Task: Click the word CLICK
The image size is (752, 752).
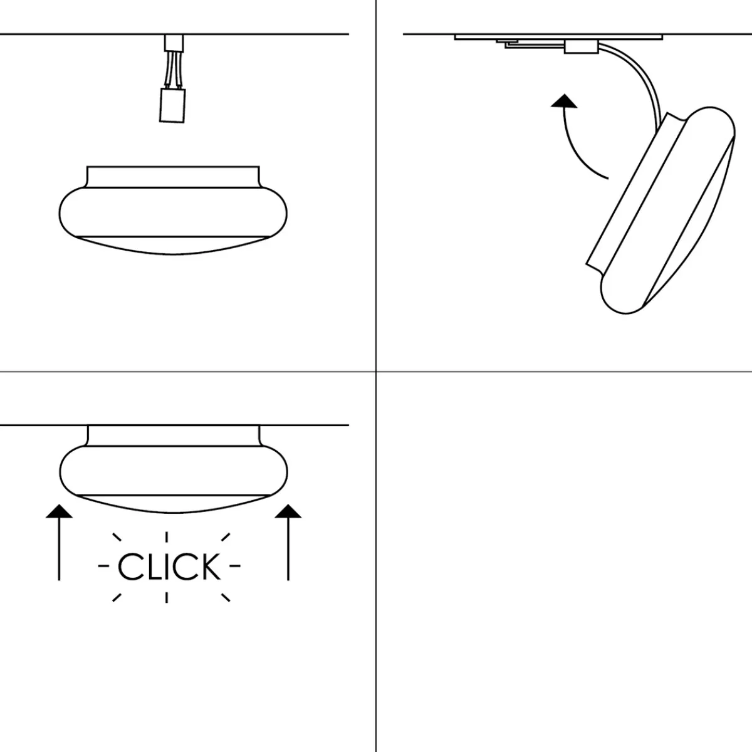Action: [x=169, y=567]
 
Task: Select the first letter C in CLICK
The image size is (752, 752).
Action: [x=130, y=567]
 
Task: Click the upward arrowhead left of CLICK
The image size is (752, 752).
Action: [x=59, y=511]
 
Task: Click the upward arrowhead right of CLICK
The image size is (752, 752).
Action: [x=288, y=511]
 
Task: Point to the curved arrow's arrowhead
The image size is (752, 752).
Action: [x=564, y=101]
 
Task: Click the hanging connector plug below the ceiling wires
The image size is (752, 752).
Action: [x=172, y=105]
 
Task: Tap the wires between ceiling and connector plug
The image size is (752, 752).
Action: [x=174, y=68]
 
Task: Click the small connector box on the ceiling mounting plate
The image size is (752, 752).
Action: [x=582, y=47]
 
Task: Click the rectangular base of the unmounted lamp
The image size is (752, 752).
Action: [x=173, y=177]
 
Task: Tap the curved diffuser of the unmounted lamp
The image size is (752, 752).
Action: [x=173, y=246]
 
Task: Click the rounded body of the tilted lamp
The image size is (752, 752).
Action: [x=668, y=210]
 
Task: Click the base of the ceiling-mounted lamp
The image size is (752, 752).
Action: [x=174, y=436]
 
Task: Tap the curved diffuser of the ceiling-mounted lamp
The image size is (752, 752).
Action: [x=173, y=504]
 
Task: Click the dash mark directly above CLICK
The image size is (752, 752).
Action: [x=167, y=537]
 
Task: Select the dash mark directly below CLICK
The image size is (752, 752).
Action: [x=167, y=597]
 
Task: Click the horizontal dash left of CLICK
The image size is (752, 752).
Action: [x=103, y=565]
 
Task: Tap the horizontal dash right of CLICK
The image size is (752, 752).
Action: [x=235, y=565]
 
